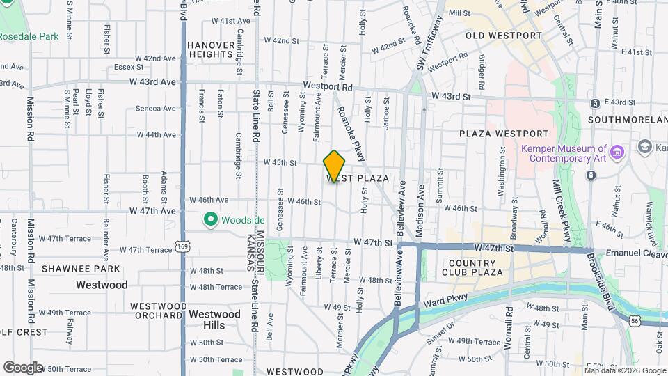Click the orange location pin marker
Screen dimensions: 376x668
[334, 166]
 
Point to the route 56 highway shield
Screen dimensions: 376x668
[634, 320]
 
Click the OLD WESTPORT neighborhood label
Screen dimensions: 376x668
[503, 35]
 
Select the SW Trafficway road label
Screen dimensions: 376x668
[429, 44]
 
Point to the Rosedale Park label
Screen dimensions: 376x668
[29, 36]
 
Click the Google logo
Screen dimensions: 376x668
[23, 367]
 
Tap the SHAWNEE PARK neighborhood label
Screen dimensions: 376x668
[71, 268]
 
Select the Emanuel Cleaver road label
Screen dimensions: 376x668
[635, 253]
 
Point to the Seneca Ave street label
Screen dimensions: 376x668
[155, 108]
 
